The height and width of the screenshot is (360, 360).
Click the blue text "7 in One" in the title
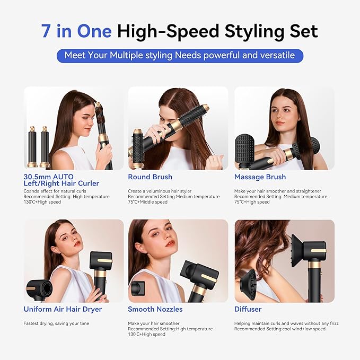pos(76,31)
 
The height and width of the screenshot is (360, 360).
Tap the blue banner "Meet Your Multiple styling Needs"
pos(180,55)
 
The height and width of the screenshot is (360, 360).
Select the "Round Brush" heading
pos(150,177)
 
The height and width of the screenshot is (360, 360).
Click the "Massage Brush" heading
pos(260,177)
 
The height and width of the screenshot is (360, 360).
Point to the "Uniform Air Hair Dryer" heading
pos(63,309)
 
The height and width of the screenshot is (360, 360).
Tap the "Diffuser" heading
pos(248,309)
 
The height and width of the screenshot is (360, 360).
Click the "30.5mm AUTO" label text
pos(48,177)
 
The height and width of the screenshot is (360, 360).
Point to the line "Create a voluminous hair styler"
pos(160,191)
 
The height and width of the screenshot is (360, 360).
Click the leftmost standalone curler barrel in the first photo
pos(32,147)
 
